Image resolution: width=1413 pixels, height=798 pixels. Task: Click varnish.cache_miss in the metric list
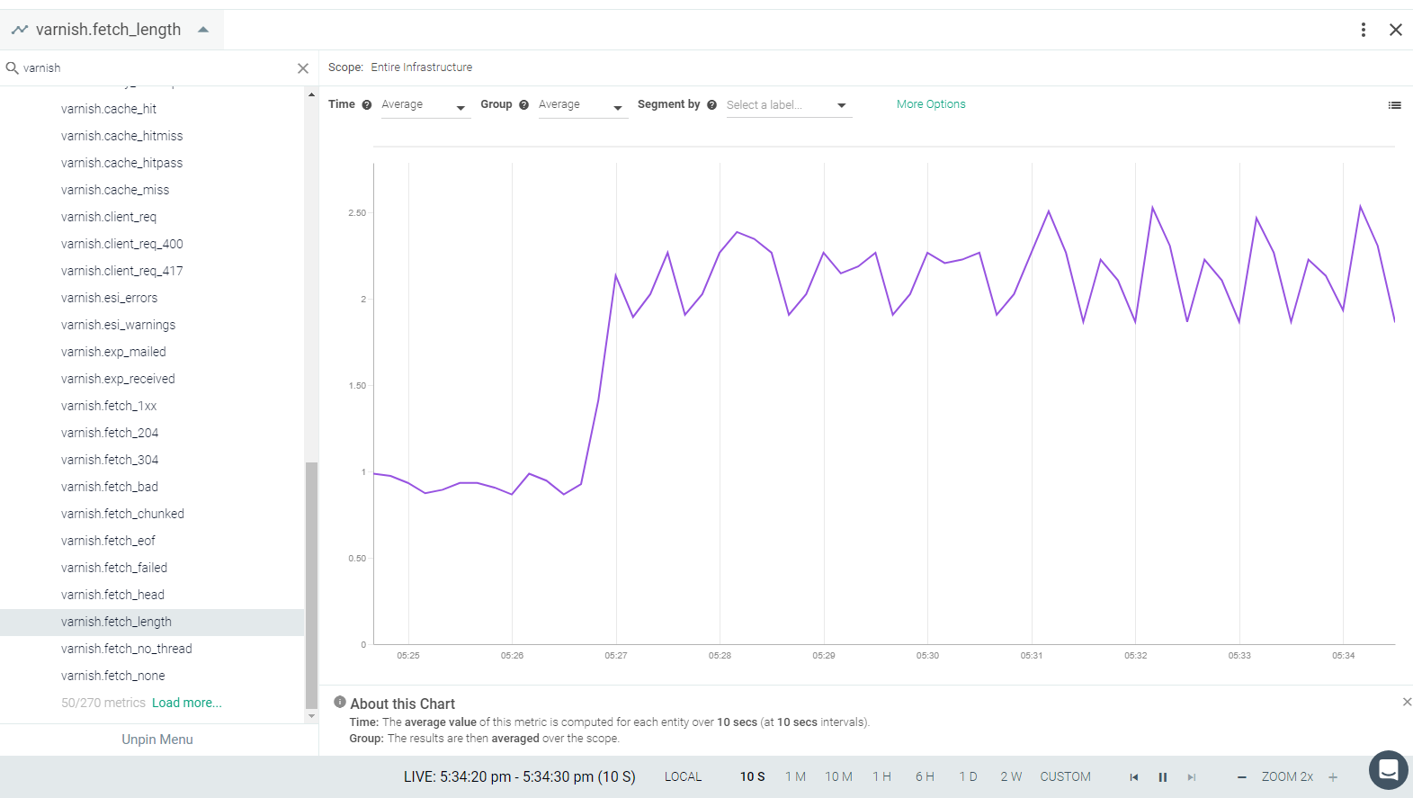(x=115, y=190)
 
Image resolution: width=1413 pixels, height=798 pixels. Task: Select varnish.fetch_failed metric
(x=114, y=568)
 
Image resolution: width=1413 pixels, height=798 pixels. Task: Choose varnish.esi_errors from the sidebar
(x=109, y=298)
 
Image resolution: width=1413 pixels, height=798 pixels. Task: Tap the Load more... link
(x=187, y=703)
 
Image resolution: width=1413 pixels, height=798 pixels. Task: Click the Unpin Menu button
(x=157, y=740)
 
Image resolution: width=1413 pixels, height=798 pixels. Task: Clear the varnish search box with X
(x=303, y=68)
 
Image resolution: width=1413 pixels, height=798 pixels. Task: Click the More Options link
(x=930, y=104)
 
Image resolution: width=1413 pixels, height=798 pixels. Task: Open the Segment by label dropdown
(x=789, y=105)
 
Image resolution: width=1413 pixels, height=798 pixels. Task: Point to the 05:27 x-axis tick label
(x=616, y=656)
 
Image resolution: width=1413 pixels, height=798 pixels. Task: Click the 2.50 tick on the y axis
(x=357, y=213)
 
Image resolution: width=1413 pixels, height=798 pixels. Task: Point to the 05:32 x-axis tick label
(x=1135, y=656)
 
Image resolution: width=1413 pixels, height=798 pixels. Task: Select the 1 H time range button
(x=881, y=776)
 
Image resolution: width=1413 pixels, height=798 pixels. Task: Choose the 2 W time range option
(x=1011, y=776)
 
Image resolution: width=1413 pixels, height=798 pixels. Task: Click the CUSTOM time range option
(x=1065, y=776)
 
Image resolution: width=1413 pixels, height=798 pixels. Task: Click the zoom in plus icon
(x=1333, y=777)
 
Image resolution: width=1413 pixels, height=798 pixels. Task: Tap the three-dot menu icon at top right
(x=1364, y=30)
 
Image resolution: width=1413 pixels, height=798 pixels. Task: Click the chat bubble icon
(x=1388, y=769)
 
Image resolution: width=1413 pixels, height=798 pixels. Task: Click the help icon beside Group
(x=523, y=104)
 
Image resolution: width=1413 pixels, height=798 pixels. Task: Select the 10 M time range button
(x=838, y=776)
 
